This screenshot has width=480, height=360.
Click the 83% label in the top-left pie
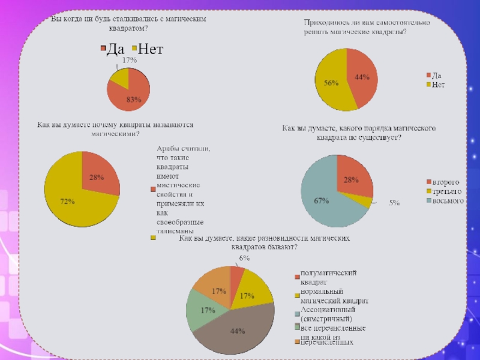coord(133,100)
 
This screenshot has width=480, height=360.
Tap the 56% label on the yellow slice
coord(331,84)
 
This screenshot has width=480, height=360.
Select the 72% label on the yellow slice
coord(67,202)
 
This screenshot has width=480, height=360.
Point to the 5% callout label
coord(394,203)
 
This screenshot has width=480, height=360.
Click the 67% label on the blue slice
coord(321,201)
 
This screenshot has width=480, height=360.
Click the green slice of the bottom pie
coord(201,310)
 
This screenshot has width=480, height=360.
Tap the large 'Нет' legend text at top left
coord(151,49)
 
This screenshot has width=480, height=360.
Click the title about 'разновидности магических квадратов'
coord(264,242)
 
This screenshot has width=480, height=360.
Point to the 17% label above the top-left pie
coord(129,61)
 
